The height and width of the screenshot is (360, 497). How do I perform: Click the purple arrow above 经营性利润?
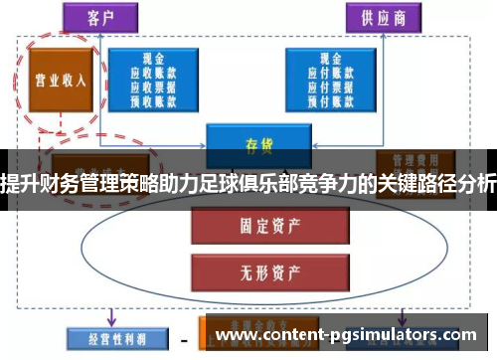tap(112, 316)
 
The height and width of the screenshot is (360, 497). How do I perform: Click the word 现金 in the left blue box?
tap(152, 58)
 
